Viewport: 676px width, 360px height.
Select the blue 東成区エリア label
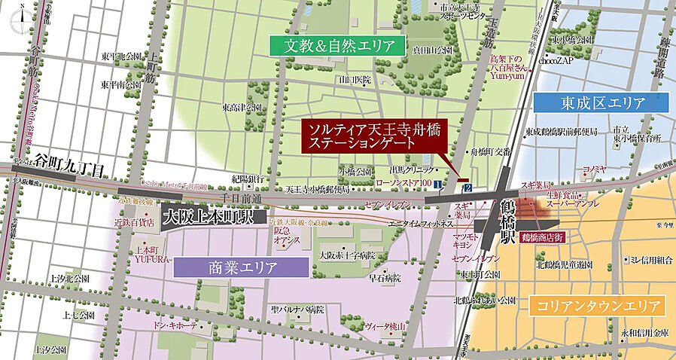[600, 102]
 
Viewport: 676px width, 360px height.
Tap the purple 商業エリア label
[241, 267]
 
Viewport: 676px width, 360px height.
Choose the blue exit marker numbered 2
[467, 186]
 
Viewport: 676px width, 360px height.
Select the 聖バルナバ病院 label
[298, 309]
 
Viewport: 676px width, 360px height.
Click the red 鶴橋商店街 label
[537, 236]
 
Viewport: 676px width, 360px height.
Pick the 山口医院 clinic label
[355, 79]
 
